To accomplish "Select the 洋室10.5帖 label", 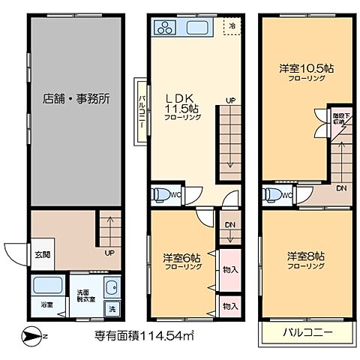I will [x=306, y=72].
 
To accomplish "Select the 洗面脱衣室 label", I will [x=84, y=295].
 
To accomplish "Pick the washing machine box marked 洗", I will [x=112, y=309].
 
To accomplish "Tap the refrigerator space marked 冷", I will [x=232, y=27].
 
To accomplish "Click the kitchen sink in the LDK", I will [x=199, y=29].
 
